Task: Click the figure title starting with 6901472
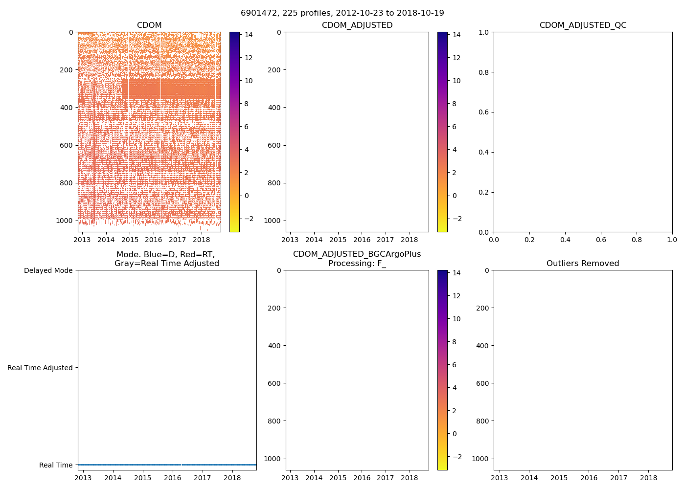[342, 13]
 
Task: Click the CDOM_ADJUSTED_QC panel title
[583, 25]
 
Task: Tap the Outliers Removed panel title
[583, 264]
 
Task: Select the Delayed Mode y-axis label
[48, 270]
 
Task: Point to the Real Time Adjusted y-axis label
[40, 368]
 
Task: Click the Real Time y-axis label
[56, 465]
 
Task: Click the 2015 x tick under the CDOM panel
[130, 240]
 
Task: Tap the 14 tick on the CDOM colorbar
[249, 35]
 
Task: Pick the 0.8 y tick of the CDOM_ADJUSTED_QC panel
[483, 72]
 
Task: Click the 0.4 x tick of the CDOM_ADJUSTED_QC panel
[565, 240]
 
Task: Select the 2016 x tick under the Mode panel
[173, 478]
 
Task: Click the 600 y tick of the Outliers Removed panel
[482, 383]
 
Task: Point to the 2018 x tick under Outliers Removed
[649, 478]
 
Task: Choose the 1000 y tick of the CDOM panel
[65, 221]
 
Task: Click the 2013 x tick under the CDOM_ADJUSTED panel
[290, 240]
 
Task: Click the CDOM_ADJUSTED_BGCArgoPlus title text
[357, 254]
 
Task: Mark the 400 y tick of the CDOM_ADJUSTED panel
[274, 108]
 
